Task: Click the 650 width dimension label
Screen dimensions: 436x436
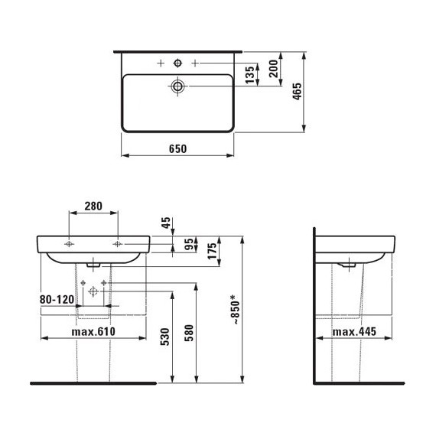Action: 177,148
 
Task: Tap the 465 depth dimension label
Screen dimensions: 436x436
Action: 298,91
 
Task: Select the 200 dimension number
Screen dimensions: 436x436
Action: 274,68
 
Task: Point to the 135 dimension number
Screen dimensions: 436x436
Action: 249,74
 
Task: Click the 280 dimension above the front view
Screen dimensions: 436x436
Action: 93,206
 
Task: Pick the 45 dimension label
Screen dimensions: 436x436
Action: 166,223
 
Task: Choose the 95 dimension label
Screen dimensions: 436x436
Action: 190,245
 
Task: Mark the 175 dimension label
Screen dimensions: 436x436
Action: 212,251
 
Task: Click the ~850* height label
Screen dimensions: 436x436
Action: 236,310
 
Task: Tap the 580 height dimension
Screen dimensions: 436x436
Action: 189,333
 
